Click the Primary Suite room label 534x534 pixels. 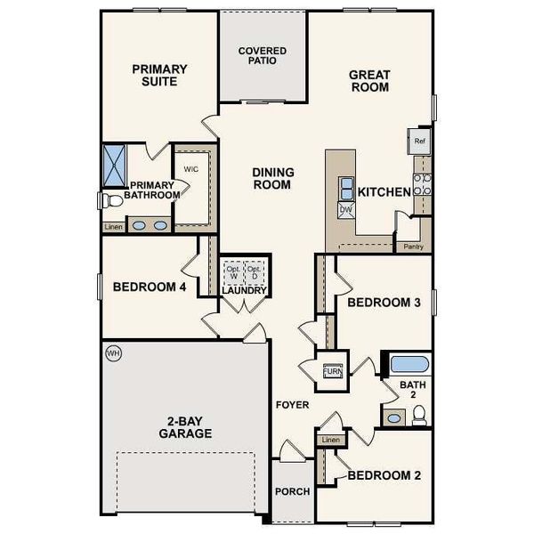pyautogui.click(x=159, y=75)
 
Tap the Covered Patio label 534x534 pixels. pyautogui.click(x=263, y=56)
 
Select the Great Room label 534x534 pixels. pyautogui.click(x=369, y=83)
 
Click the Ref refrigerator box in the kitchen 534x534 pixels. pyautogui.click(x=418, y=141)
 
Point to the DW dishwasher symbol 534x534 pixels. pyautogui.click(x=345, y=209)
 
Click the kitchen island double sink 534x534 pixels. pyautogui.click(x=345, y=189)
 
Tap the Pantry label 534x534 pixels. pyautogui.click(x=412, y=246)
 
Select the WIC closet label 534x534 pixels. pyautogui.click(x=190, y=168)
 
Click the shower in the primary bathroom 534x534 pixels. pyautogui.click(x=116, y=163)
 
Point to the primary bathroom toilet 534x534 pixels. pyautogui.click(x=112, y=201)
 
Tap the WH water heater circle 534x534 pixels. pyautogui.click(x=113, y=352)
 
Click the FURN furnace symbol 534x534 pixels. pyautogui.click(x=331, y=371)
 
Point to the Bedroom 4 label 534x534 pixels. pyautogui.click(x=149, y=287)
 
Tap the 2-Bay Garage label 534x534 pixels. pyautogui.click(x=186, y=428)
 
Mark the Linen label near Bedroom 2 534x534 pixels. pyautogui.click(x=330, y=440)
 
